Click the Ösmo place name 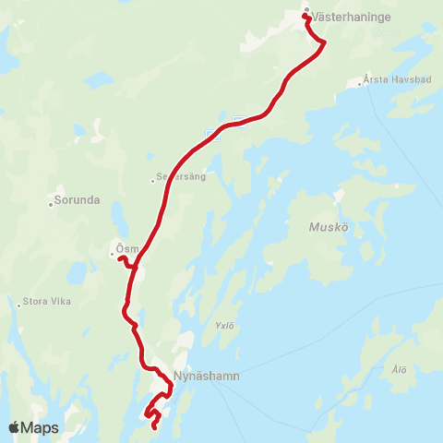[x=127, y=247]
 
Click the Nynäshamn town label [x=200, y=377]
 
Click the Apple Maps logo [x=33, y=427]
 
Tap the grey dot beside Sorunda [x=52, y=203]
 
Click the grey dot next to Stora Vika [x=18, y=305]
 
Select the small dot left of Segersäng [x=153, y=181]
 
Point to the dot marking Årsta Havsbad [x=360, y=85]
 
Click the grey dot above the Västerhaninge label [x=307, y=11]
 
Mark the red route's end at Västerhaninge [x=305, y=17]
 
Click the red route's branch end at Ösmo [x=120, y=258]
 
